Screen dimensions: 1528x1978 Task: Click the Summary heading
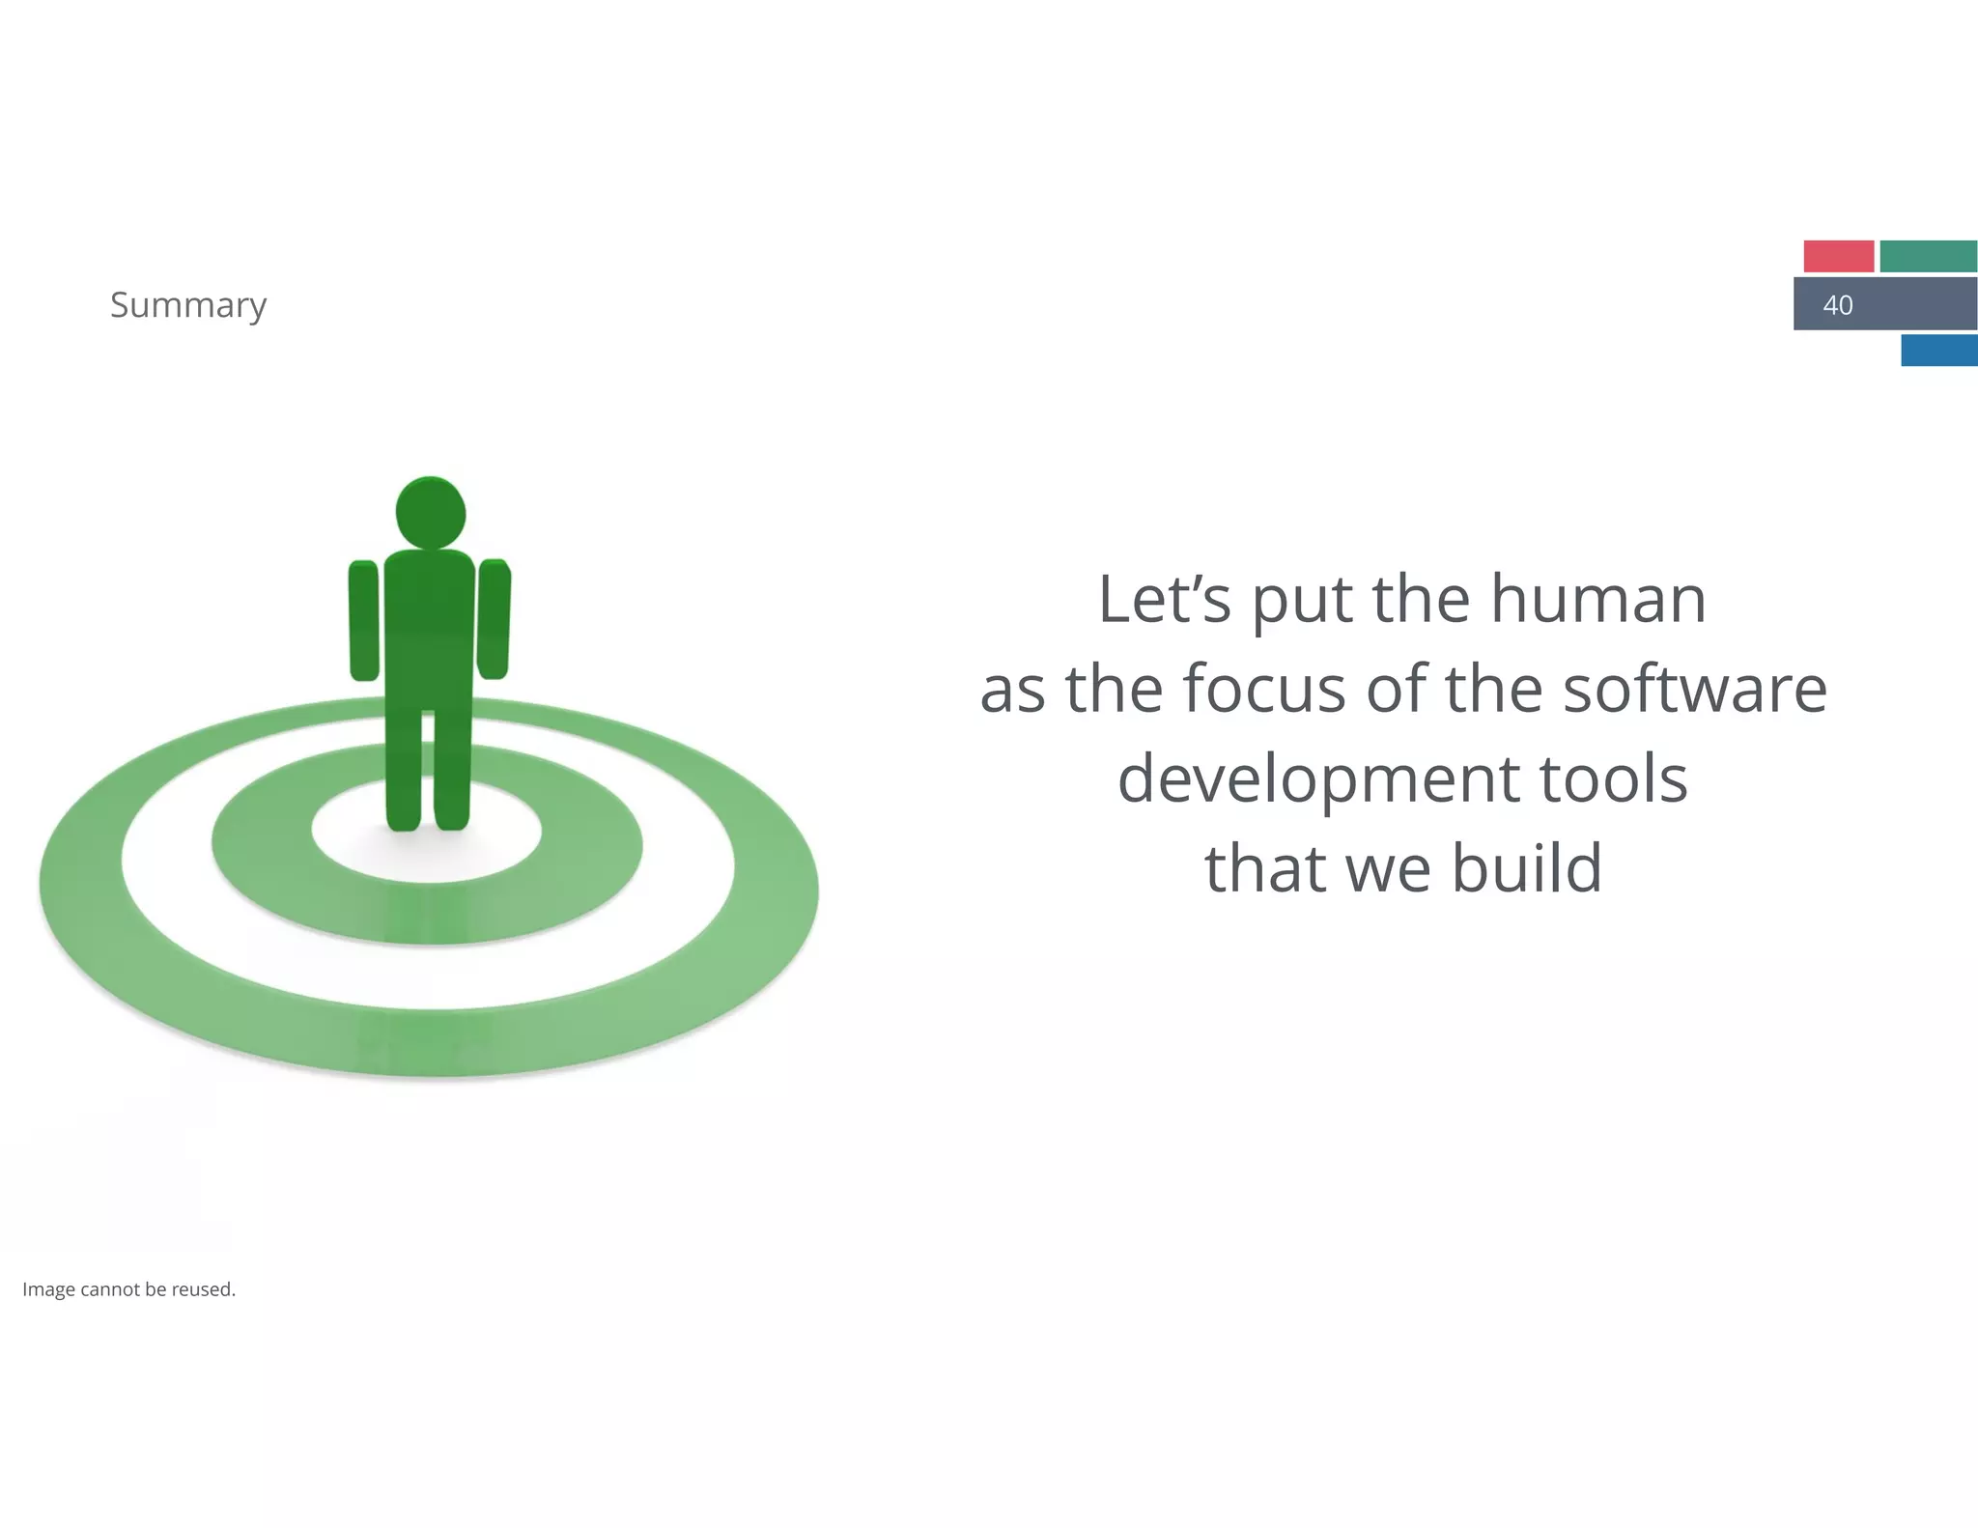[188, 305]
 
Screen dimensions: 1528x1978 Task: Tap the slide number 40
[1837, 305]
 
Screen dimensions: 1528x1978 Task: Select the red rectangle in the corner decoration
[1838, 256]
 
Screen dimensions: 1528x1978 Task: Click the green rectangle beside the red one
[1928, 256]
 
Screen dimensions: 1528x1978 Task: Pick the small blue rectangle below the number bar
[1938, 350]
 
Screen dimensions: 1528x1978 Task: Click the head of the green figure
[431, 512]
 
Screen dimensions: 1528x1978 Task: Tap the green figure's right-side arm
[494, 619]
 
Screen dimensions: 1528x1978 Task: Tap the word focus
[1264, 689]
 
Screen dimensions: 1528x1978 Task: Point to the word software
[1695, 689]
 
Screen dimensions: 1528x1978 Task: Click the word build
[1527, 867]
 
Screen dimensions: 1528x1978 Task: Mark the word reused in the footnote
[203, 1289]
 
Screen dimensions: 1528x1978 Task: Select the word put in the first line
[1304, 601]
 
